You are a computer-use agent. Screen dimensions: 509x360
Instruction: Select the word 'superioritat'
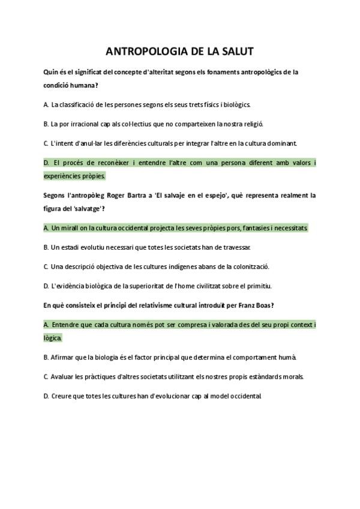[x=166, y=286]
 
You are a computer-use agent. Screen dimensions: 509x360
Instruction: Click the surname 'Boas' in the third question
[x=262, y=306]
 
